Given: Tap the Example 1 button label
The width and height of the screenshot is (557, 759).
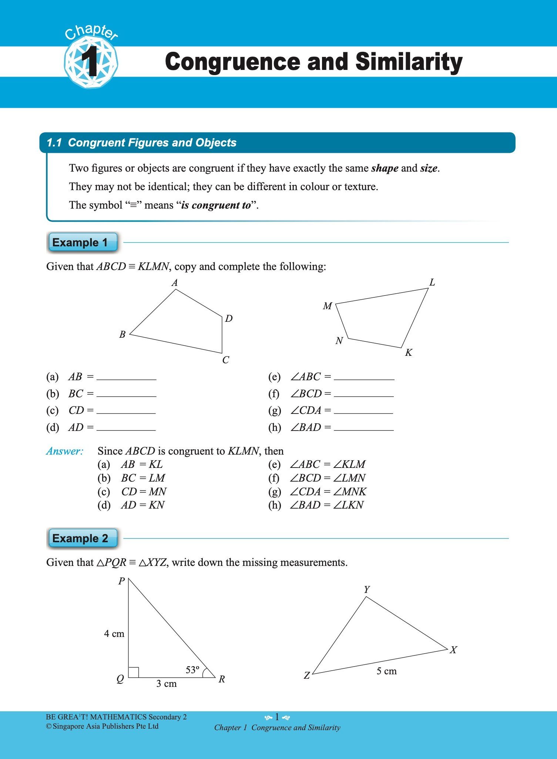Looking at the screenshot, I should pyautogui.click(x=80, y=243).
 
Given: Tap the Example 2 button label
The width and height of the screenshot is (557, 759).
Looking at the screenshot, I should pyautogui.click(x=80, y=538).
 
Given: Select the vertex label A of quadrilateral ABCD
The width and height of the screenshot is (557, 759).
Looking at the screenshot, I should pyautogui.click(x=175, y=283).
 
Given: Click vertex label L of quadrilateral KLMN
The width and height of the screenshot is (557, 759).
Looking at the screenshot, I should pyautogui.click(x=432, y=283).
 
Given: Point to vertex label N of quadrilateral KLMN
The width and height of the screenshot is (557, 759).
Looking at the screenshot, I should pyautogui.click(x=339, y=341).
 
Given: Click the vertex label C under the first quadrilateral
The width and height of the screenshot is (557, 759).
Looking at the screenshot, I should pyautogui.click(x=225, y=360).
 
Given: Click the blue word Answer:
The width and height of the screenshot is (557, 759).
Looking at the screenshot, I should pyautogui.click(x=65, y=451).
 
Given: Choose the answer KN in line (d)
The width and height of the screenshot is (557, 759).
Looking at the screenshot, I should pyautogui.click(x=156, y=505).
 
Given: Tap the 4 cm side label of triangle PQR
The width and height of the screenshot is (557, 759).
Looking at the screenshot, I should pyautogui.click(x=114, y=634).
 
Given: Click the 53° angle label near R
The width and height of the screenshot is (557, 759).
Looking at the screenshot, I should pyautogui.click(x=192, y=670).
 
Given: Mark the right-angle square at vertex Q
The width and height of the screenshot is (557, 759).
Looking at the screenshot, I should pyautogui.click(x=134, y=672).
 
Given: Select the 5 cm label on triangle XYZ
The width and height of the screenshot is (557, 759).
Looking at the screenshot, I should pyautogui.click(x=386, y=671).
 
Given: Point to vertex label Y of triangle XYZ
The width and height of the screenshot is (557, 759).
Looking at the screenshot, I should pyautogui.click(x=366, y=590).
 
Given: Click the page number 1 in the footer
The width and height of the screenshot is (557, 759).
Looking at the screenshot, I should pyautogui.click(x=277, y=717).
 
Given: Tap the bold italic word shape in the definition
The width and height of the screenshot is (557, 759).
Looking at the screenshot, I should pyautogui.click(x=385, y=168).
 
